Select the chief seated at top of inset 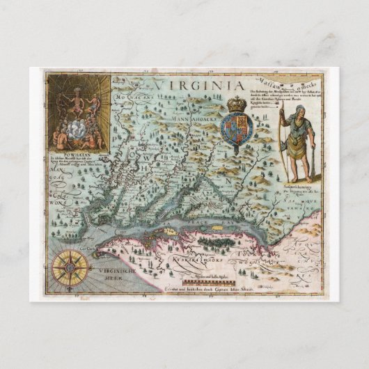[77, 88]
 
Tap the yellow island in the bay [170, 227]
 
